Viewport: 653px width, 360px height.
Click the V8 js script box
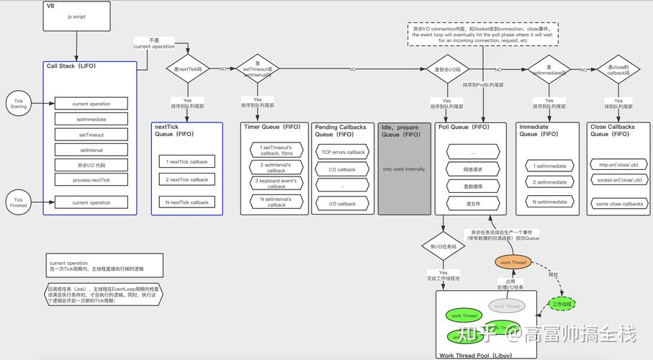point(77,16)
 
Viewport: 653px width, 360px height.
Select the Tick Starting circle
point(19,102)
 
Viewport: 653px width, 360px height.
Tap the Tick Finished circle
point(19,202)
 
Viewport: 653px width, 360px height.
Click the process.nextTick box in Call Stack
point(91,180)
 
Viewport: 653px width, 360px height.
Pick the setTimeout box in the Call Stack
point(91,135)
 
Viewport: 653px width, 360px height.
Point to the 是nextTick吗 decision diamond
point(189,69)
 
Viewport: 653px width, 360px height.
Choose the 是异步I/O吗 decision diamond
point(447,69)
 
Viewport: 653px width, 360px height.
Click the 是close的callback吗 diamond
point(618,70)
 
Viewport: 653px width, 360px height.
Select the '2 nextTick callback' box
point(187,180)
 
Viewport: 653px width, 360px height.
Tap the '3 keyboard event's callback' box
point(276,184)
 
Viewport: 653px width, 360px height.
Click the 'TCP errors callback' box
point(343,153)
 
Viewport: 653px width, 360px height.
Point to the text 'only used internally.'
point(404,169)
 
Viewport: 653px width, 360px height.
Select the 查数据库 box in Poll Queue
point(473,186)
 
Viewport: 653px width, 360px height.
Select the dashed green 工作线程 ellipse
point(562,305)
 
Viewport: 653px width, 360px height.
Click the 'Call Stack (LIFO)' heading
point(71,66)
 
